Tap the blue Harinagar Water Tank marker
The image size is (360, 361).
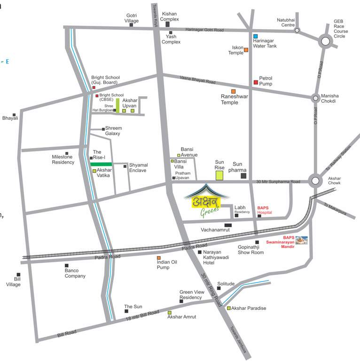click(x=256, y=36)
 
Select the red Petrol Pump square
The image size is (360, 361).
click(x=256, y=82)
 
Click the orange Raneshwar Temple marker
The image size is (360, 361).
click(x=233, y=91)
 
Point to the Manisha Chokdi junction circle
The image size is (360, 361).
click(x=315, y=98)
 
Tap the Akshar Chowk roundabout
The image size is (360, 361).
click(x=314, y=180)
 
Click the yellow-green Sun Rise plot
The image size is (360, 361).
click(x=219, y=176)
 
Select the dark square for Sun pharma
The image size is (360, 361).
click(x=243, y=176)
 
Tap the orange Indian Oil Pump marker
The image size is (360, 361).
click(x=159, y=258)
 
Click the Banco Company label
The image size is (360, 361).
click(x=75, y=273)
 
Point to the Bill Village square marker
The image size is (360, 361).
click(x=18, y=275)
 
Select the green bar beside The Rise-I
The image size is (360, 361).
click(x=102, y=164)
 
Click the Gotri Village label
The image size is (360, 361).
click(x=132, y=18)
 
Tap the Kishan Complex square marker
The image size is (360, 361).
click(x=167, y=24)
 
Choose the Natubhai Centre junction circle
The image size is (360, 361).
click(x=297, y=30)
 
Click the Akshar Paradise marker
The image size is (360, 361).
click(x=229, y=308)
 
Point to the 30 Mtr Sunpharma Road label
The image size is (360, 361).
click(x=278, y=182)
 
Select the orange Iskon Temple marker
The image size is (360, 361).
click(x=246, y=50)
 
